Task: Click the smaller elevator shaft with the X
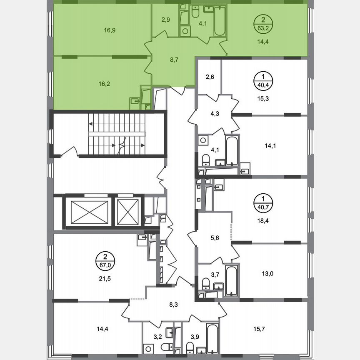127,212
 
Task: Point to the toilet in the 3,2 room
167,347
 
